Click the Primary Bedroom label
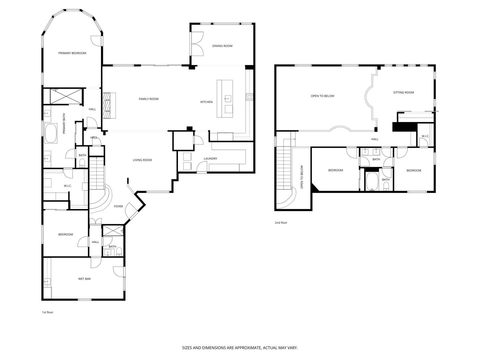click(x=72, y=53)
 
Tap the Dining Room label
click(x=222, y=46)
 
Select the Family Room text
click(x=148, y=99)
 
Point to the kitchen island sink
click(x=228, y=99)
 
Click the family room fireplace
click(x=109, y=106)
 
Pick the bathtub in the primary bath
click(x=51, y=133)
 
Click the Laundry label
click(x=210, y=159)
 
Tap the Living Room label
click(x=142, y=160)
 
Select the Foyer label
click(x=118, y=206)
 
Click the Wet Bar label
click(x=84, y=279)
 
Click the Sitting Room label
click(x=403, y=92)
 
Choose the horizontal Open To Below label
click(x=322, y=96)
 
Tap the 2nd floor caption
click(x=281, y=223)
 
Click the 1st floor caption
click(x=47, y=312)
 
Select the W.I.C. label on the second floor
click(x=425, y=136)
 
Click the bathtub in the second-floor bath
click(x=372, y=181)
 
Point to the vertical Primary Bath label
click(x=64, y=123)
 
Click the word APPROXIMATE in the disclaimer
click(x=248, y=348)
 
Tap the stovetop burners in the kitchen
click(x=250, y=97)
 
